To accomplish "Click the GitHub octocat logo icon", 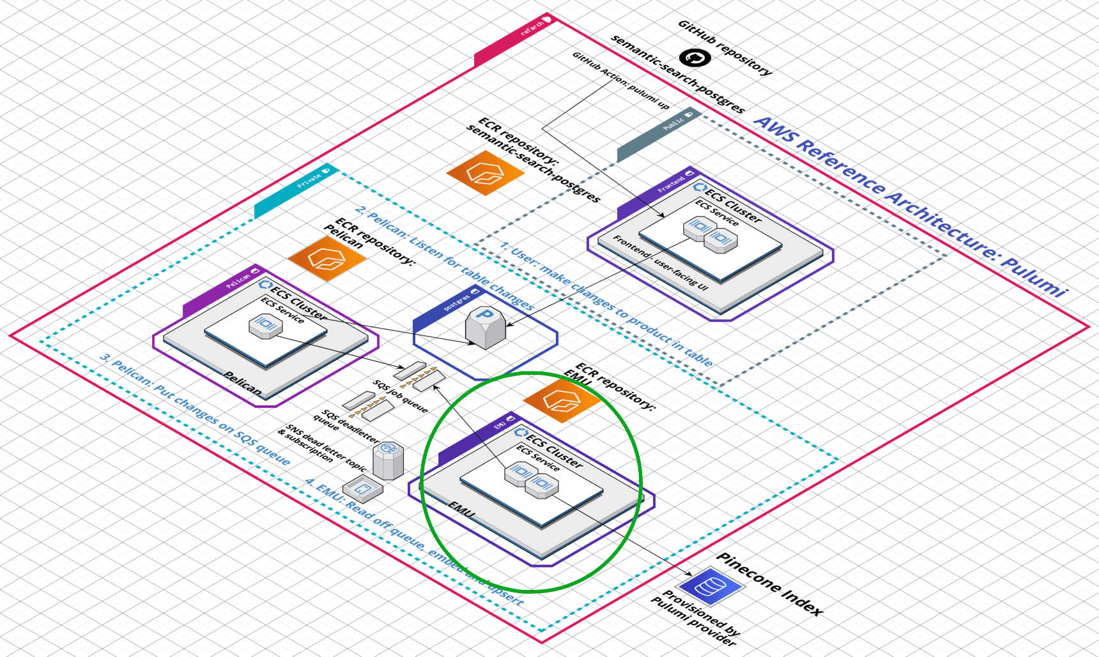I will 695,58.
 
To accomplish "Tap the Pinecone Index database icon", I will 710,585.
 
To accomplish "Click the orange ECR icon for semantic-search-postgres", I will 485,172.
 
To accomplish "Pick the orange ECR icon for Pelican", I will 327,259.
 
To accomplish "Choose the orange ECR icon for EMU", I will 562,400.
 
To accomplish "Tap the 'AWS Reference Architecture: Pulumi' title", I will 911,206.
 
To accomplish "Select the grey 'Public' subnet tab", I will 658,135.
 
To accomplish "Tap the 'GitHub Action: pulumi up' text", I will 620,80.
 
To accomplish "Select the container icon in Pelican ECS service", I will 265,326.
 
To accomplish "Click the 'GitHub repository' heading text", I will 725,48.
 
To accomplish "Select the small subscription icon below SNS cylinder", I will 362,490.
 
